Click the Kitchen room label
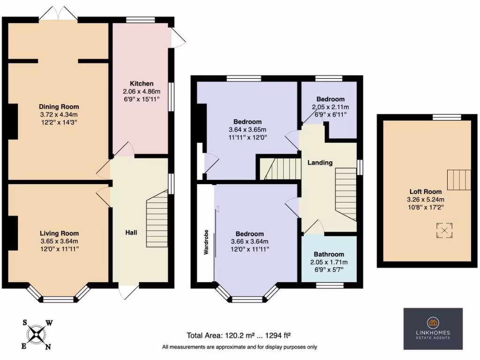point(141,83)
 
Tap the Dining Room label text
point(59,106)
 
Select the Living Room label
point(59,233)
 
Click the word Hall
point(131,232)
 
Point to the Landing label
point(320,163)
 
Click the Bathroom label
point(329,254)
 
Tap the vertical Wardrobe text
point(206,242)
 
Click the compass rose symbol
point(37,334)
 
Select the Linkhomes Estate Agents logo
point(433,329)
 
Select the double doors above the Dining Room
point(58,14)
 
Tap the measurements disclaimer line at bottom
point(239,347)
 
